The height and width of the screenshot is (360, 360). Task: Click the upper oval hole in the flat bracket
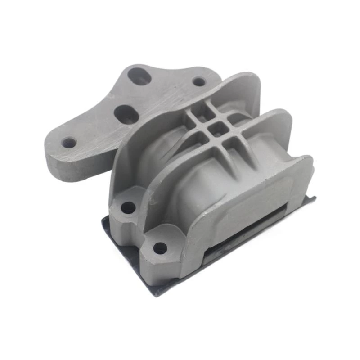click(139, 76)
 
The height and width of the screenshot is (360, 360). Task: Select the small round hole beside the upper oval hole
click(199, 82)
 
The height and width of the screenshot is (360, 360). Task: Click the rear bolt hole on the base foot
click(128, 207)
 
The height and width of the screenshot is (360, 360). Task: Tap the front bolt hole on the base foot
click(160, 247)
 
